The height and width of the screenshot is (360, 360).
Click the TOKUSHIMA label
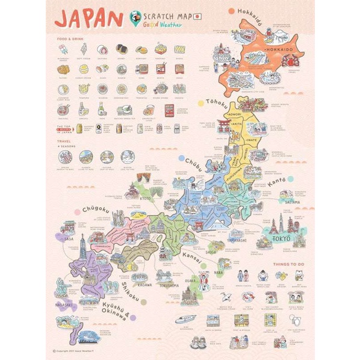coord(168,285)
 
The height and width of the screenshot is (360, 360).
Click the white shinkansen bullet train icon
coord(184,319)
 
